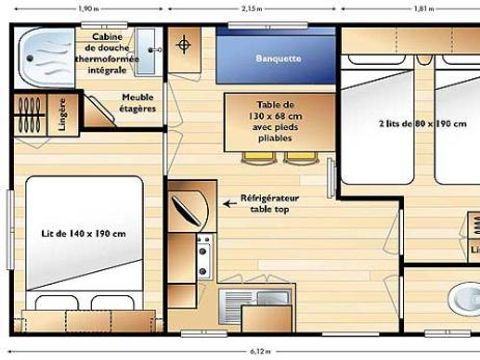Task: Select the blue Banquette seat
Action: coord(275,57)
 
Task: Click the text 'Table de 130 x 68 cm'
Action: coord(274,110)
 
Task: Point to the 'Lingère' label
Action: coord(62,111)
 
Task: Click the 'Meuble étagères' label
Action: coord(137,103)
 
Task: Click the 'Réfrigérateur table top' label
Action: coord(269,204)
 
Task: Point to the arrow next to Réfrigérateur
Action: coord(225,199)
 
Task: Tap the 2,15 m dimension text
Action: coord(253,7)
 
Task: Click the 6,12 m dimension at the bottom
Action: coord(256,351)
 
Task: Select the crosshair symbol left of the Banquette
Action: coord(185,45)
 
